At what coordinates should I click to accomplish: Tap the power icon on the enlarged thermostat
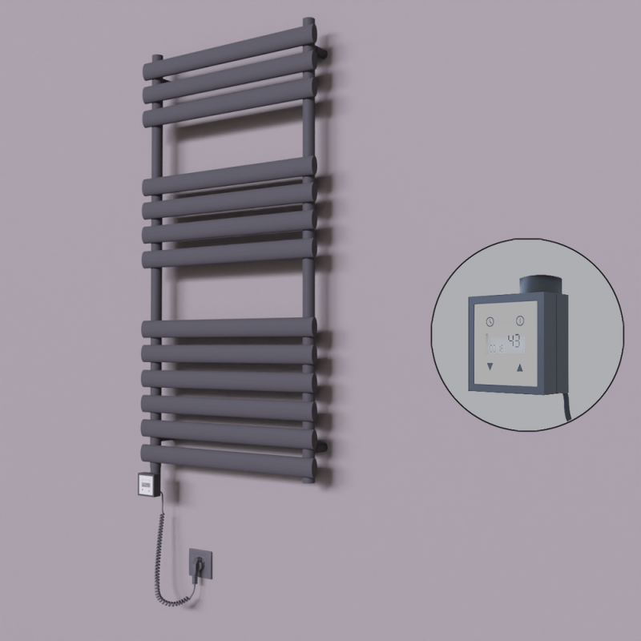pyautogui.click(x=520, y=320)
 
